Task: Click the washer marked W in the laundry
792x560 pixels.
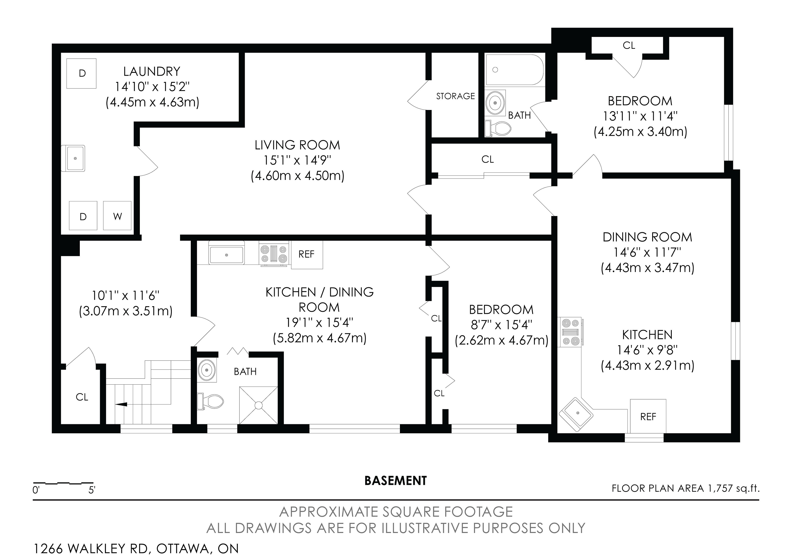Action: (x=117, y=216)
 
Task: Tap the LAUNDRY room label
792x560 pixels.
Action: (x=152, y=71)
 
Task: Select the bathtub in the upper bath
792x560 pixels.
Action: (x=514, y=70)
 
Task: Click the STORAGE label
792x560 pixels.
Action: (x=455, y=96)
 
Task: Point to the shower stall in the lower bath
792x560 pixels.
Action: (x=258, y=405)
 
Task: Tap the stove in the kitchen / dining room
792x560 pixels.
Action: (x=274, y=254)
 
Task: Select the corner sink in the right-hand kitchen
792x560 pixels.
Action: (x=576, y=413)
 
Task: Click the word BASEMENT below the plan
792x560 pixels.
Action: (x=396, y=481)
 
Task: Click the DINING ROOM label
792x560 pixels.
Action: (x=647, y=237)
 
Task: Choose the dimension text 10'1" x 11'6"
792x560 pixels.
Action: (x=126, y=296)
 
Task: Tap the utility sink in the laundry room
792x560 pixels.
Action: (x=73, y=158)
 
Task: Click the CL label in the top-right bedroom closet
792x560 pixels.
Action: (x=629, y=46)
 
